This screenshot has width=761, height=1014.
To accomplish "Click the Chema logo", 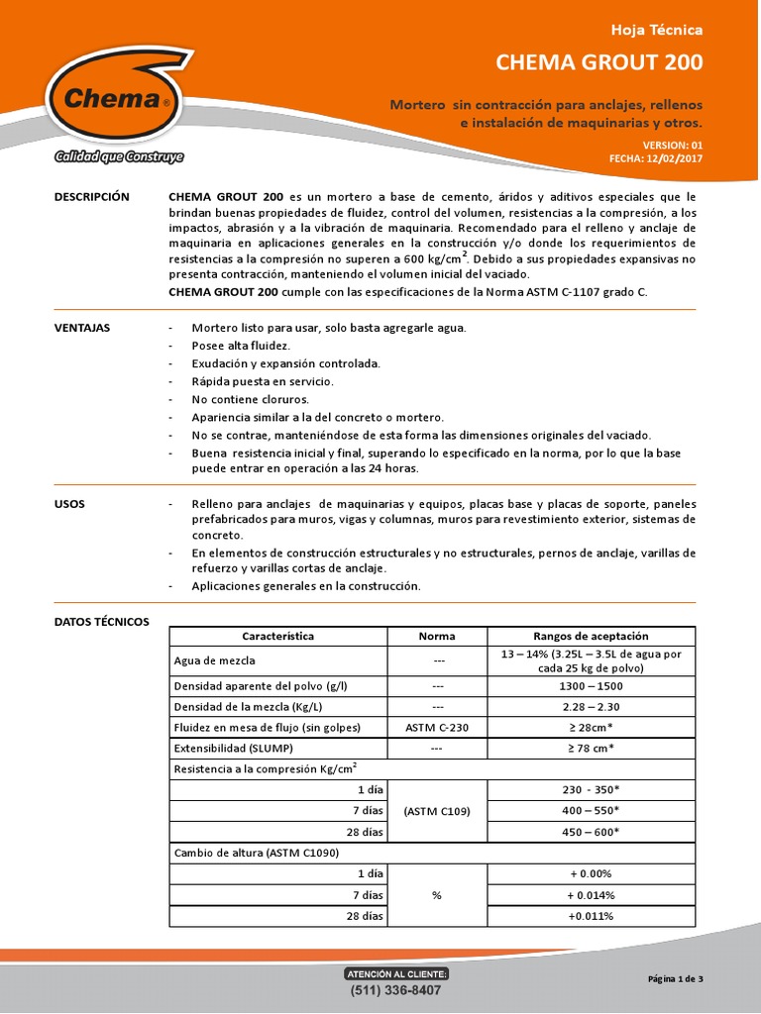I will [114, 99].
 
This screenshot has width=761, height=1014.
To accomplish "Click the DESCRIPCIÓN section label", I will [92, 197].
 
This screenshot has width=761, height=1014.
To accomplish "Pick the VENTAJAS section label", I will [82, 328].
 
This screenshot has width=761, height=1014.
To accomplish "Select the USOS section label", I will [69, 504].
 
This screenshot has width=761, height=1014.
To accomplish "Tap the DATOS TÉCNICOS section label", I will [101, 622].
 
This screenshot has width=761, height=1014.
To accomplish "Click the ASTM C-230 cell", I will [437, 728].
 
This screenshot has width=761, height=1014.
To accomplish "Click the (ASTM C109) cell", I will [437, 811].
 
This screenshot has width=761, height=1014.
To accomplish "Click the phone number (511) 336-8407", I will [395, 990].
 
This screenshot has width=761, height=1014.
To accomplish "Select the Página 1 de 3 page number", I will [675, 979].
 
